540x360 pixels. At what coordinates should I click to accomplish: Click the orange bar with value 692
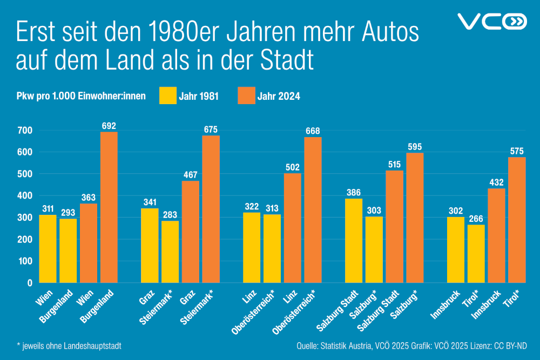pos(109,207)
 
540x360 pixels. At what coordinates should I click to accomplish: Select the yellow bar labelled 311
pos(48,248)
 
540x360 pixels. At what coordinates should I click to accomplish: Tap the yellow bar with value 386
pos(354,240)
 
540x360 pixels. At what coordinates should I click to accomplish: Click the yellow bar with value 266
pos(476,253)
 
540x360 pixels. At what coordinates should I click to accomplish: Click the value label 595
pos(415,146)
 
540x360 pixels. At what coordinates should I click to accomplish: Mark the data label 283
pos(170,214)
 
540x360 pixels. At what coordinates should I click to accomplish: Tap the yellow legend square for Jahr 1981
pos(168,96)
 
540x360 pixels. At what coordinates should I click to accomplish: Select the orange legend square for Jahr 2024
pos(246,96)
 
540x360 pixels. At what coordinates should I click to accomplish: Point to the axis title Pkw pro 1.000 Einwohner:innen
pos(80,97)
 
